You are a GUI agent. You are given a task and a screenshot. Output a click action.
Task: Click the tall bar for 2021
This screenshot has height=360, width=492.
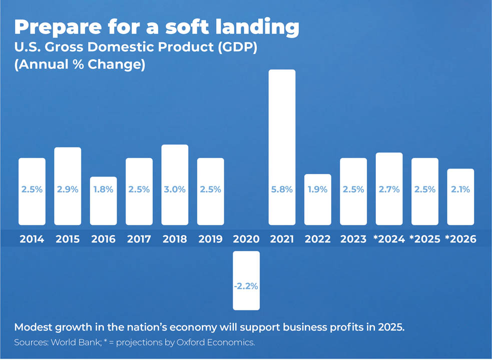[x=282, y=147]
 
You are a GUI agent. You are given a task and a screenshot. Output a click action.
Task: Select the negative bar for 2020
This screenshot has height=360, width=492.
[x=246, y=280]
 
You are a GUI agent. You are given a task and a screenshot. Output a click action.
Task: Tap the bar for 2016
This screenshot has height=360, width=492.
[x=103, y=200]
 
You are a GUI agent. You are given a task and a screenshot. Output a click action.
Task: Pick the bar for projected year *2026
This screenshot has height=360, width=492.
[x=460, y=196]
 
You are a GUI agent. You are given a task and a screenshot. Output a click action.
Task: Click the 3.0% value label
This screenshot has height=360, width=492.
[x=175, y=190]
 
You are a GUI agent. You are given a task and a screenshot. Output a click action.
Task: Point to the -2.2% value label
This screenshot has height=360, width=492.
[x=246, y=286]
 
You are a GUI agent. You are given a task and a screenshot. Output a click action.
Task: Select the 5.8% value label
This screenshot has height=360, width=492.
[x=282, y=190]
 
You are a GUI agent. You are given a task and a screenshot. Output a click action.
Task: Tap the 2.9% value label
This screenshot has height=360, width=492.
[x=68, y=190]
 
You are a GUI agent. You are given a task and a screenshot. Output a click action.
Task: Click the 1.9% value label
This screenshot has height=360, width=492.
[x=317, y=190]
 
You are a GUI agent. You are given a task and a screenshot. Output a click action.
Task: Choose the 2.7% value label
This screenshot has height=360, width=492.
[x=389, y=190]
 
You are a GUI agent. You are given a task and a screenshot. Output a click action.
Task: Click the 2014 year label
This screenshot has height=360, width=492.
[x=32, y=239]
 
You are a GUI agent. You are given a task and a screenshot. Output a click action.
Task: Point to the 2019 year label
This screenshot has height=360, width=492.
[x=210, y=239]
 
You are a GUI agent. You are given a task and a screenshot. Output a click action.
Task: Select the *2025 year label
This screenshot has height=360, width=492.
[x=424, y=239]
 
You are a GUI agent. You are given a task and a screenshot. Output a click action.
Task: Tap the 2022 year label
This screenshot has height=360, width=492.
[x=317, y=239]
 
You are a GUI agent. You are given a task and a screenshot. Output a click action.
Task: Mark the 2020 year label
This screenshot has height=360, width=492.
[x=246, y=239]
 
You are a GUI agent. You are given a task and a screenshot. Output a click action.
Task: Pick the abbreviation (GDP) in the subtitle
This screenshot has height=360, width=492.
[x=240, y=47]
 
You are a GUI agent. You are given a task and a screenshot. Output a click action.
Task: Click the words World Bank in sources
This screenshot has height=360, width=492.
[x=77, y=342]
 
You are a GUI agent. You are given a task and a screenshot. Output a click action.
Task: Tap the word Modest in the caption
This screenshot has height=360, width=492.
[x=33, y=328]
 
